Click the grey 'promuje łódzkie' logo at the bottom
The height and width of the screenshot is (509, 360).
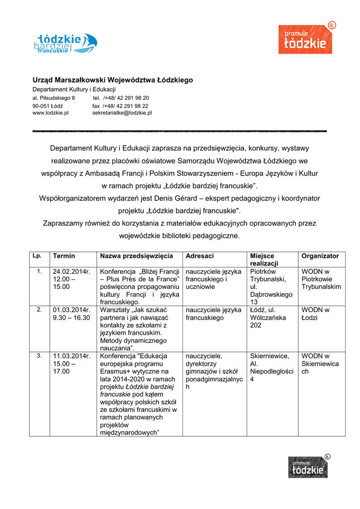pos(308,467)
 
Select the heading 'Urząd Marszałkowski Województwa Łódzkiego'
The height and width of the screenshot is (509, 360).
pos(112,80)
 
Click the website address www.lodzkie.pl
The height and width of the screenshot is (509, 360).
pos(50,113)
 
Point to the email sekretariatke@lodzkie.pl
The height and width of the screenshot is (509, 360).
pos(122,113)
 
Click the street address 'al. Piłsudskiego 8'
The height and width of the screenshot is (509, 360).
pos(54,98)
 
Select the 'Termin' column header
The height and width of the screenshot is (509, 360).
pos(64,256)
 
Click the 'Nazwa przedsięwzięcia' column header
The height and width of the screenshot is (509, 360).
pos(136,256)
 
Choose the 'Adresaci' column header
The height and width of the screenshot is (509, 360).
pos(199,256)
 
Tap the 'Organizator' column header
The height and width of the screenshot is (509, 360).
pos(320,256)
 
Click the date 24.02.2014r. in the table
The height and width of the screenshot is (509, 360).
pos(72,272)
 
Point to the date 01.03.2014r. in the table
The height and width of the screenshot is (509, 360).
pos(72,310)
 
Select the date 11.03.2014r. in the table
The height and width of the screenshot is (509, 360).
pos(72,356)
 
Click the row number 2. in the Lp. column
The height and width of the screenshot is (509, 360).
pos(39,310)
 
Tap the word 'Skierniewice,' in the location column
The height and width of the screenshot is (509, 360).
pos(270,356)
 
